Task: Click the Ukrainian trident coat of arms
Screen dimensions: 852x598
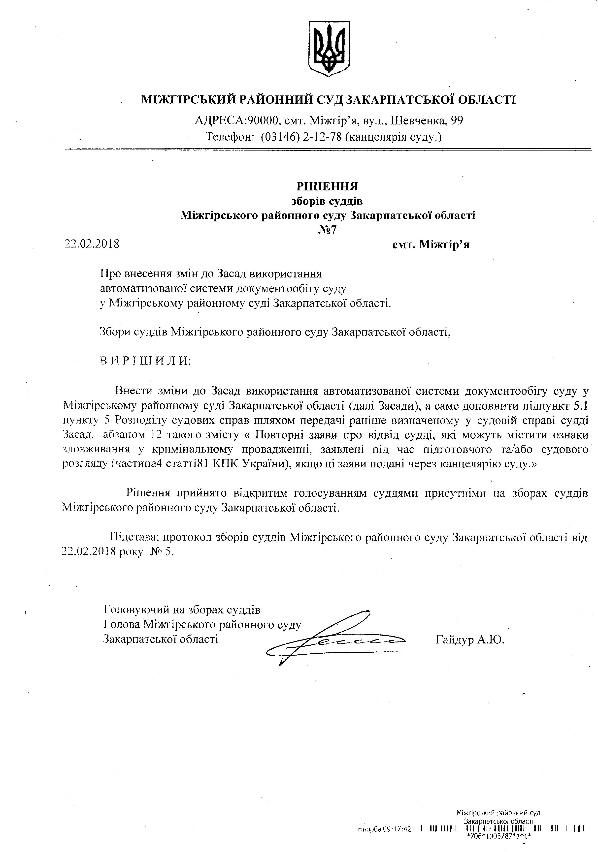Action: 329,48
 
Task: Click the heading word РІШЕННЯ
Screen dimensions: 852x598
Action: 327,185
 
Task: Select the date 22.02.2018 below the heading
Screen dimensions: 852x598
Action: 92,244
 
